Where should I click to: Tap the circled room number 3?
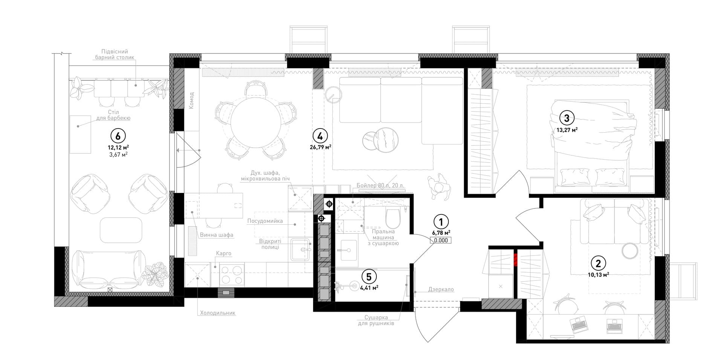(567, 118)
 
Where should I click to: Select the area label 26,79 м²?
(321, 147)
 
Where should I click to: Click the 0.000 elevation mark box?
(441, 240)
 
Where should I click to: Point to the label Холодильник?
(218, 313)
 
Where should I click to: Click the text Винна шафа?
(216, 235)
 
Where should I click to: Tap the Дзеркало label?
(441, 290)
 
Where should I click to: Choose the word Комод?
(191, 100)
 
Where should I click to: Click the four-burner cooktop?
(232, 274)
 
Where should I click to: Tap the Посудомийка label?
(265, 221)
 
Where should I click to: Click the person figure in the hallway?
(438, 187)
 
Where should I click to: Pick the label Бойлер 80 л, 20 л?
(380, 186)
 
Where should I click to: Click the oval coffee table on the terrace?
(121, 230)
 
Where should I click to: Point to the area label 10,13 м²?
(598, 274)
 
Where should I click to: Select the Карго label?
(223, 253)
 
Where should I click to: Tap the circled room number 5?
(369, 277)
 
